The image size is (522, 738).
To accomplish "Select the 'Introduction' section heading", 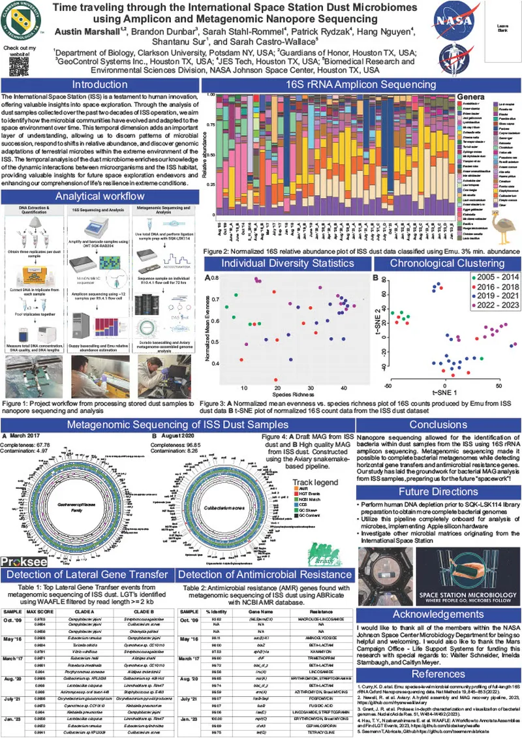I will click(x=100, y=85).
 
